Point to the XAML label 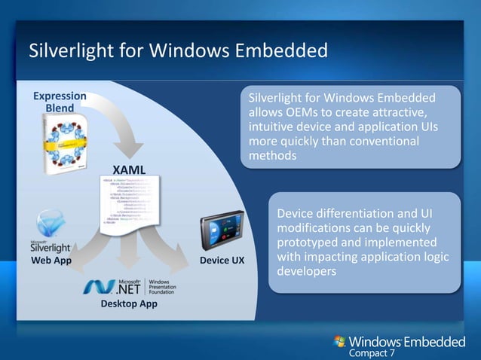(129, 167)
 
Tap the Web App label (51, 261)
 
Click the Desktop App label (125, 304)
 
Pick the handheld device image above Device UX (223, 236)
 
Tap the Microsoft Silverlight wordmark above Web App (51, 246)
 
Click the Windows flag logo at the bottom (340, 343)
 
